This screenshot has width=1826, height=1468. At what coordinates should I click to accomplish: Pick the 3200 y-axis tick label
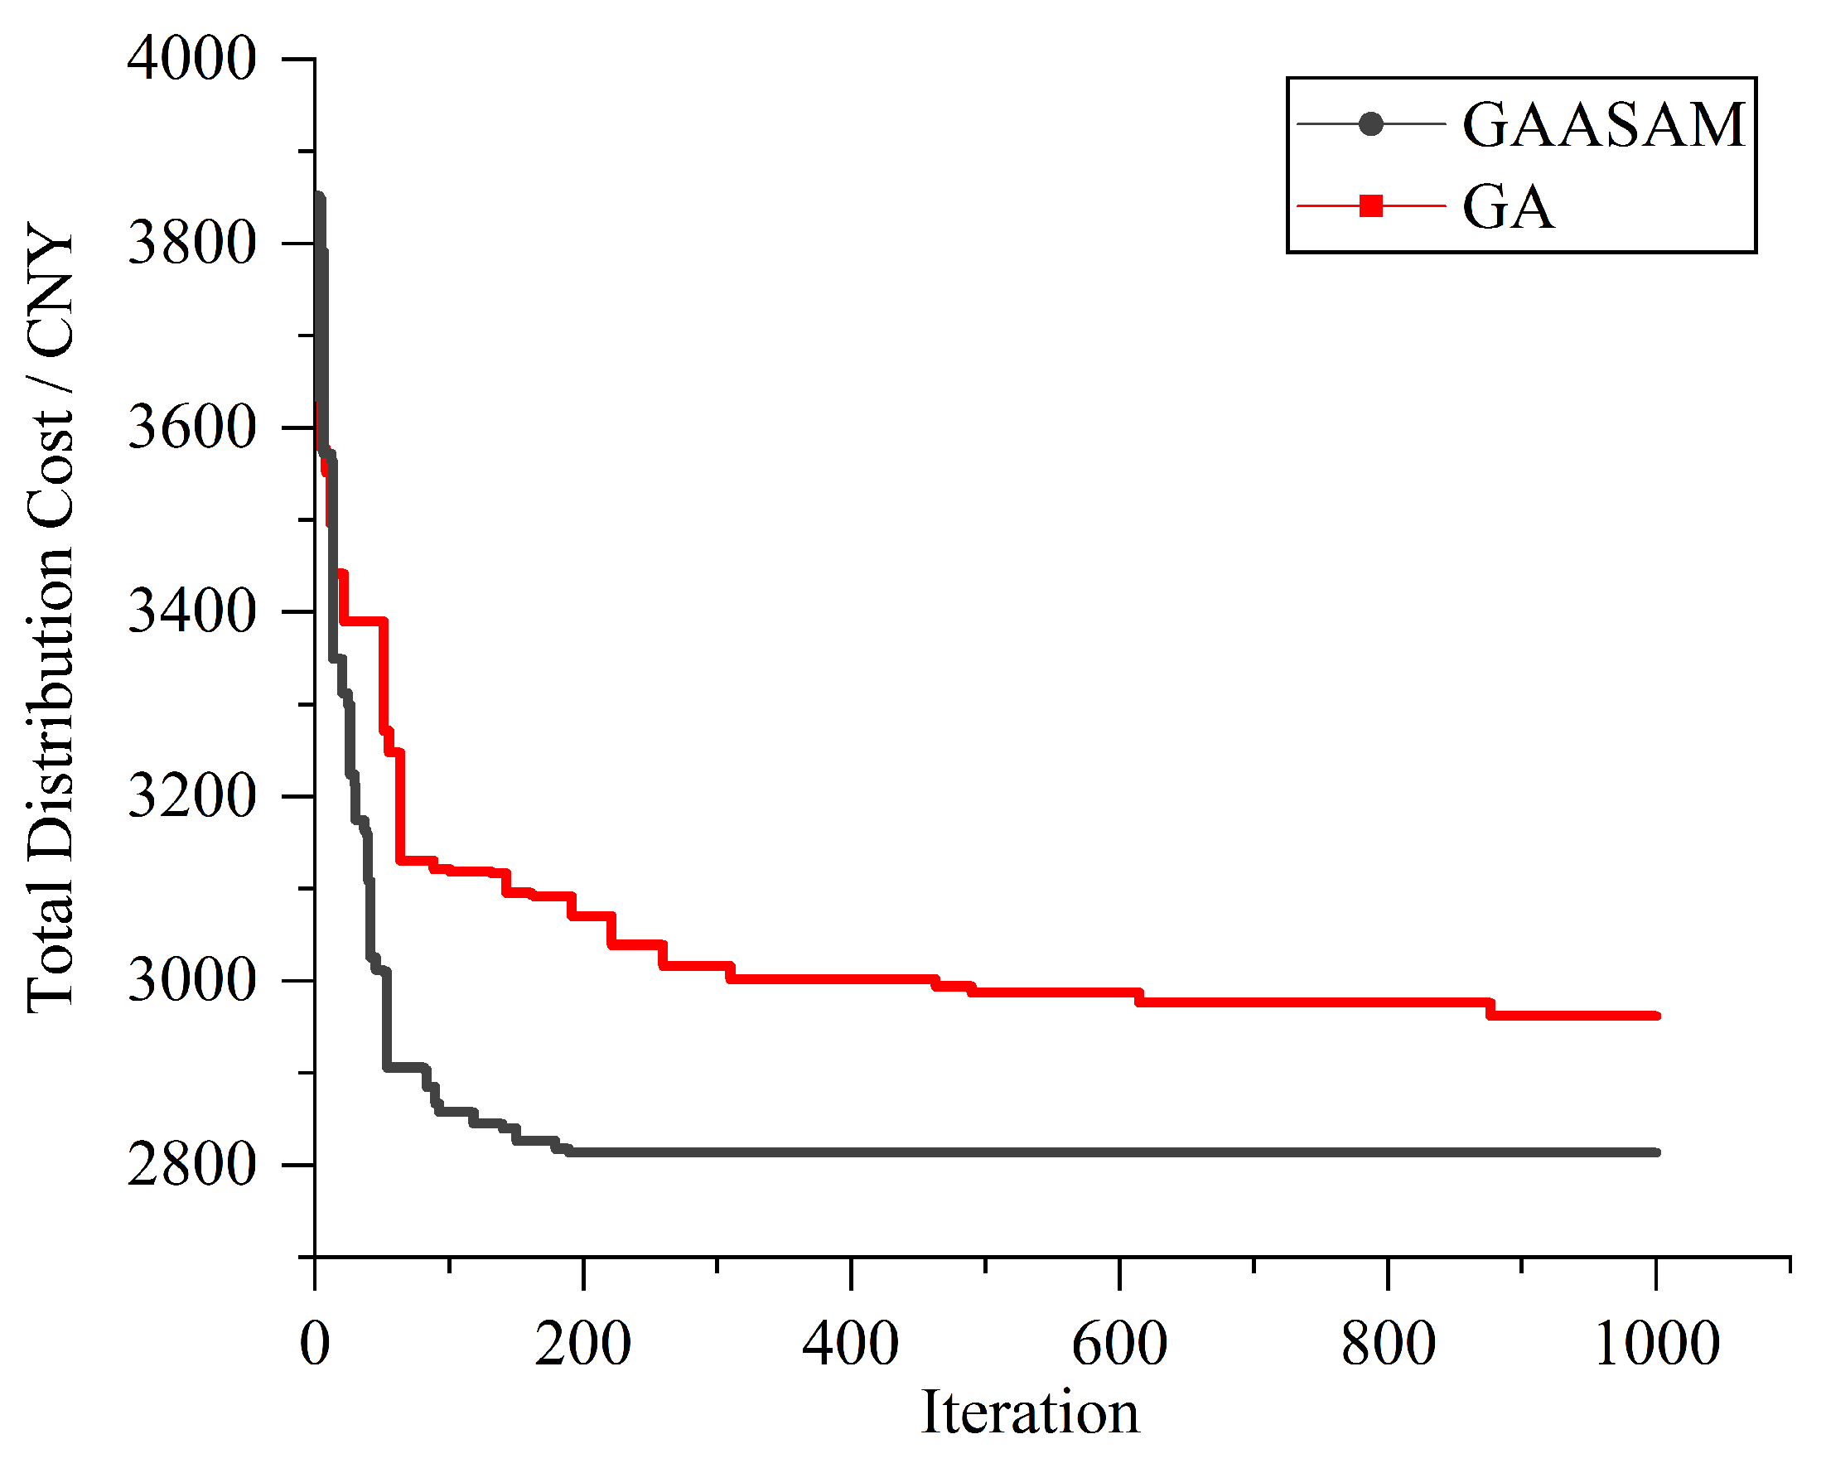point(191,796)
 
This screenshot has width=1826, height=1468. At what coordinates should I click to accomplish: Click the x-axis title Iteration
point(1030,1413)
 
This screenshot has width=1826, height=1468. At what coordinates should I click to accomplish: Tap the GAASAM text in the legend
point(1604,125)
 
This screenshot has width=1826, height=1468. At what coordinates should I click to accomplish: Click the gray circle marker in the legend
point(1370,124)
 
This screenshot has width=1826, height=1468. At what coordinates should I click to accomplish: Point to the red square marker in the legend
point(1370,205)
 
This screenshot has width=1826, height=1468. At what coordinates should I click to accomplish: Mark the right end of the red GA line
point(1657,1016)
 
